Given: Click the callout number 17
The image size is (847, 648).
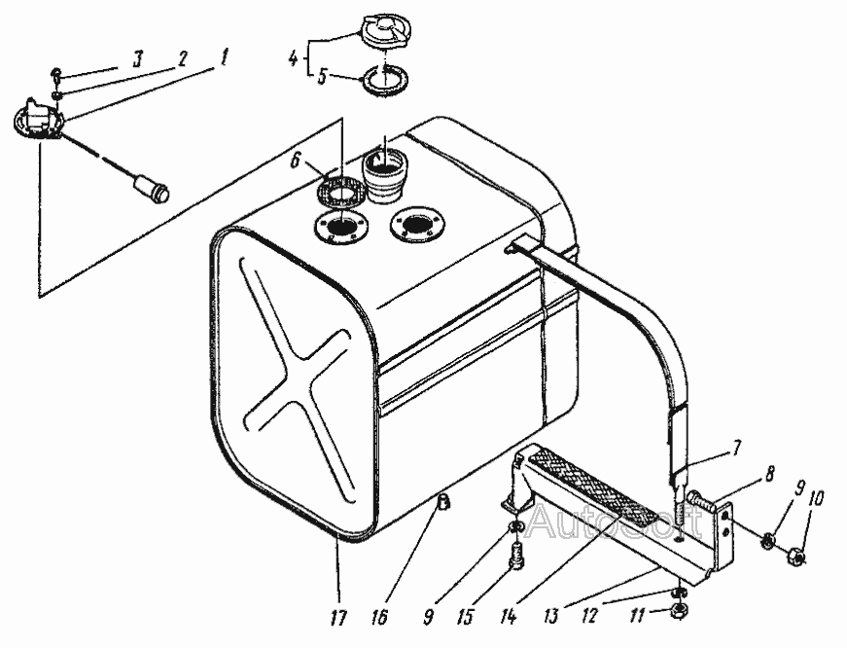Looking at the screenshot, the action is [337, 618].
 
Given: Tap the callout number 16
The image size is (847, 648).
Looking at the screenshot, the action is [379, 618].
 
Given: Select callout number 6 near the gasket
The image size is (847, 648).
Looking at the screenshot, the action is [295, 162].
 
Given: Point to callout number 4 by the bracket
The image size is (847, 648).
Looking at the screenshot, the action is [293, 57].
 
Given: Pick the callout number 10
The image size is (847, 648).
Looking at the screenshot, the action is [816, 499].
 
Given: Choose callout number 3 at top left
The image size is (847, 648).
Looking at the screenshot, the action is [138, 58].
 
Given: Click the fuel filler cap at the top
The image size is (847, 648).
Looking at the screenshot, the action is [385, 32].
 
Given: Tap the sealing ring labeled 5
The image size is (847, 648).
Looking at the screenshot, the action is [384, 81].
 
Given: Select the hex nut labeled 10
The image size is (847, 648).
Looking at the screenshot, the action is [797, 556].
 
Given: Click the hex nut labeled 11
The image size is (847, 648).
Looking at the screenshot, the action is [679, 611].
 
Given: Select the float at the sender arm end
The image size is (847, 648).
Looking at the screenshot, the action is [152, 190].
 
